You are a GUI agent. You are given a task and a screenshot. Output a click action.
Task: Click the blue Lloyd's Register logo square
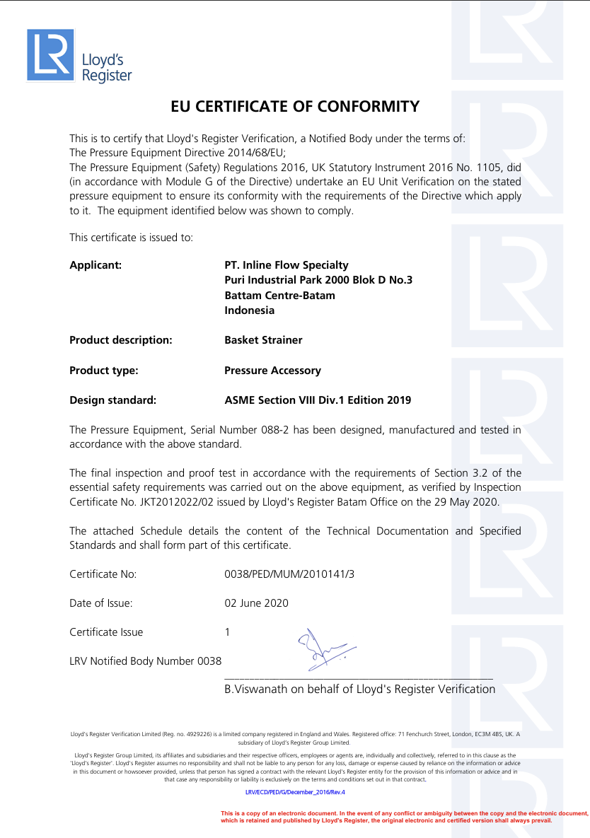50,54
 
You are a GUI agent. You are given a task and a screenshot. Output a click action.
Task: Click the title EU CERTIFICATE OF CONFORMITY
295,107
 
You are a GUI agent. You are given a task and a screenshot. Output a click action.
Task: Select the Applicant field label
96,265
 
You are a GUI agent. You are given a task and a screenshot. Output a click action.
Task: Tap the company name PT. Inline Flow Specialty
287,265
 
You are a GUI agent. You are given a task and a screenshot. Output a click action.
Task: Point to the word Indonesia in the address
250,310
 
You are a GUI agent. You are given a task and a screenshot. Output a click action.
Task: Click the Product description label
121,340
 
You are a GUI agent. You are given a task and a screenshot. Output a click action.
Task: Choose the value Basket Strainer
263,340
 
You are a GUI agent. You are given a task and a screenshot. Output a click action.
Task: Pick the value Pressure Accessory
272,371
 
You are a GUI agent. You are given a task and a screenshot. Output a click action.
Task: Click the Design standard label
112,400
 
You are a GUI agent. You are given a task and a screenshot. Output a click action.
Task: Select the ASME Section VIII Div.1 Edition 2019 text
318,400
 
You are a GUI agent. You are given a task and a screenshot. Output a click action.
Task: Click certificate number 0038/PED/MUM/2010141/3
289,574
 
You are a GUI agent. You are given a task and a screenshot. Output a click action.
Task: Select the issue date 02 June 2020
256,603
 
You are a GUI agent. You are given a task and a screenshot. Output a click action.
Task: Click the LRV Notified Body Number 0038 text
145,661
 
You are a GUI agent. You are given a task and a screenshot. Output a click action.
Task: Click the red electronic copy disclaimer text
403,817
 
